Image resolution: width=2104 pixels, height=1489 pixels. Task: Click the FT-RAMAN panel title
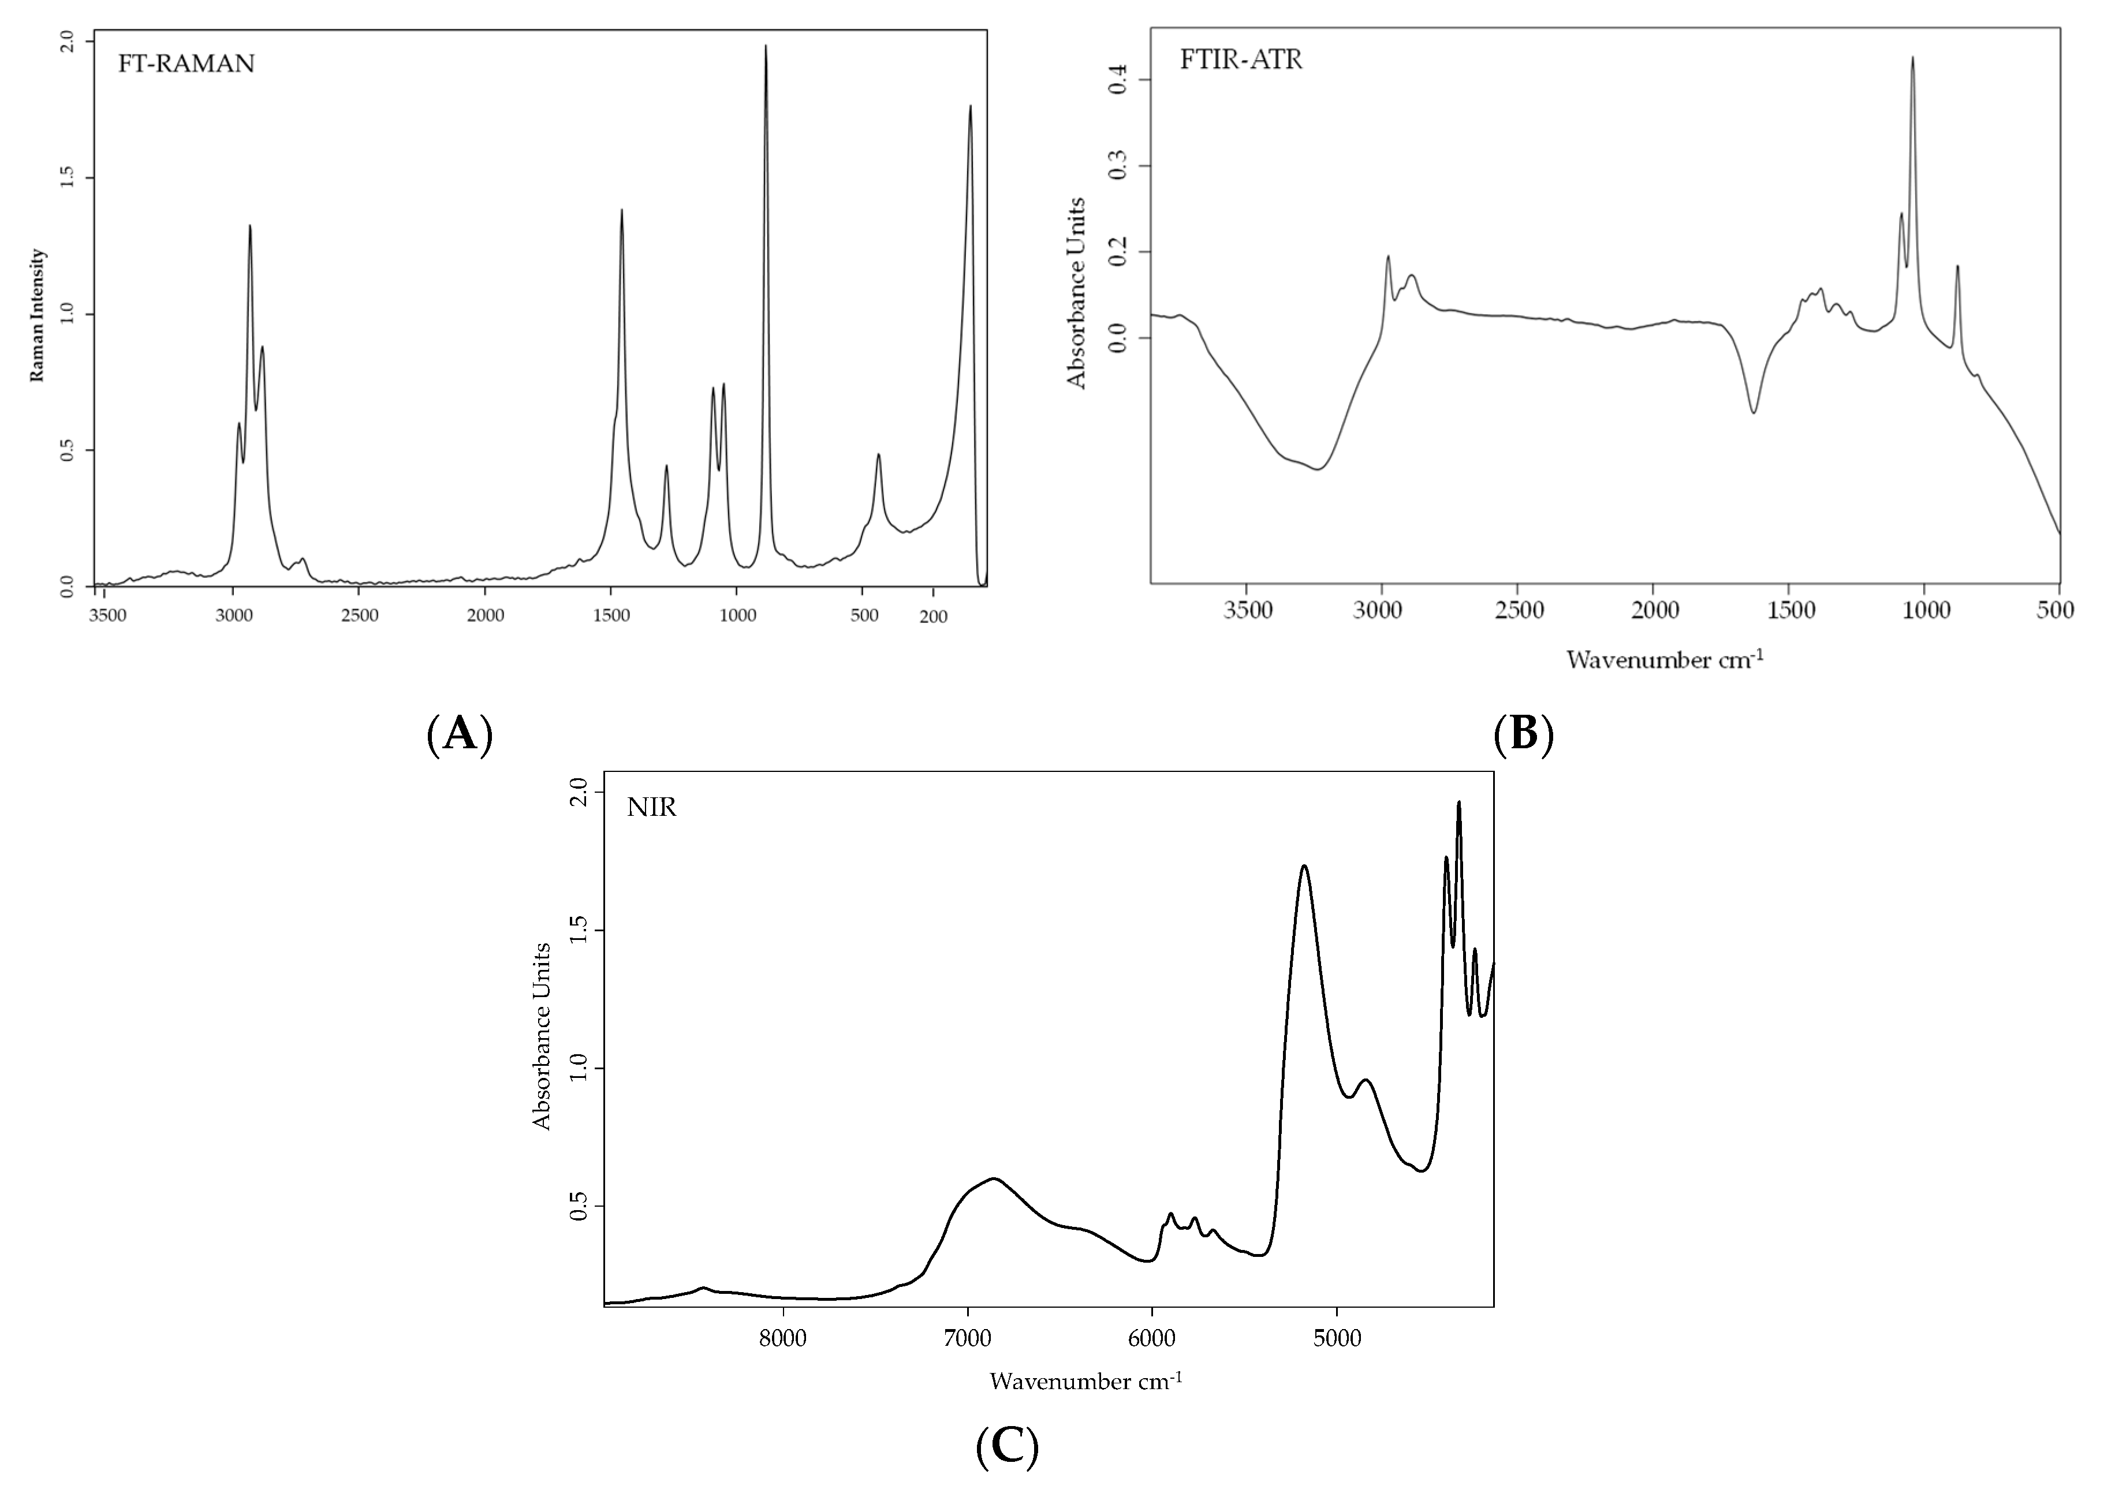186,64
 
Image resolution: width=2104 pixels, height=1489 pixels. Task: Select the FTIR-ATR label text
1240,61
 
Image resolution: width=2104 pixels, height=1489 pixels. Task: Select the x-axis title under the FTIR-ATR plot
1664,660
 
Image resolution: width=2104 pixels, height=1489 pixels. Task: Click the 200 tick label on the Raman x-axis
933,616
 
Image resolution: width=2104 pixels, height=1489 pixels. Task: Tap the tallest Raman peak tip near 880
766,46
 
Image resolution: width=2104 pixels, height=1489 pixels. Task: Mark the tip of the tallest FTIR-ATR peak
1912,57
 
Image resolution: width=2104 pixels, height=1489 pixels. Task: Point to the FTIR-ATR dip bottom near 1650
1754,413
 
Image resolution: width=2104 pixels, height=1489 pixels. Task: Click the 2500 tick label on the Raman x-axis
359,616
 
